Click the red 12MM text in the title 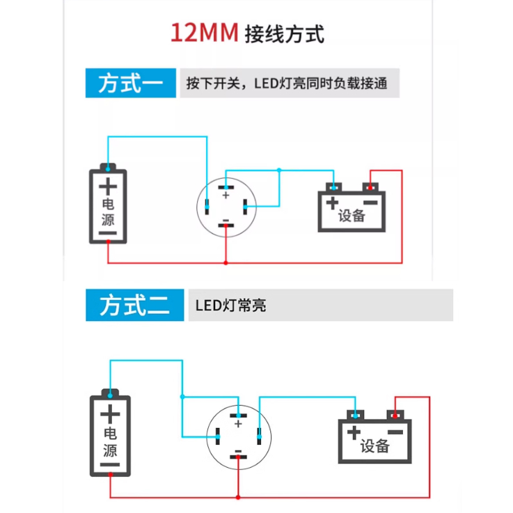(205, 33)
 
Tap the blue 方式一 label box (131, 83)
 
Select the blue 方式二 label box (135, 305)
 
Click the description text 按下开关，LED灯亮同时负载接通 (287, 84)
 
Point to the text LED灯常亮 (230, 306)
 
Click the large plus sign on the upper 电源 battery (108, 187)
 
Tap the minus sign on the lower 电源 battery (110, 464)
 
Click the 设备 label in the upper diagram (352, 216)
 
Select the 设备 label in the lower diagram (375, 446)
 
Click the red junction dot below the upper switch (226, 262)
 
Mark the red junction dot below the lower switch (238, 497)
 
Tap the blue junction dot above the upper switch (279, 170)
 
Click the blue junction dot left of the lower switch (182, 397)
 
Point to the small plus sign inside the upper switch (226, 196)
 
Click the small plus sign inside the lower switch (238, 424)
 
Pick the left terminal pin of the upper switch (207, 207)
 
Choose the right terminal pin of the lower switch (259, 436)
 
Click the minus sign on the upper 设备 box (370, 203)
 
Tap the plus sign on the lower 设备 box (354, 432)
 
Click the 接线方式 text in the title (285, 33)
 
